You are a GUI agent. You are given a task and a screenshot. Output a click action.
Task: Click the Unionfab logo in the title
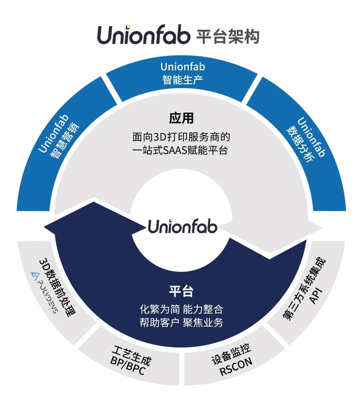click(x=144, y=36)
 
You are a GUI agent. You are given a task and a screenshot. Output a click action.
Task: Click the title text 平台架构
click(x=229, y=37)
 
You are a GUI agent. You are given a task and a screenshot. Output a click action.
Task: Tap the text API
click(x=315, y=296)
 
